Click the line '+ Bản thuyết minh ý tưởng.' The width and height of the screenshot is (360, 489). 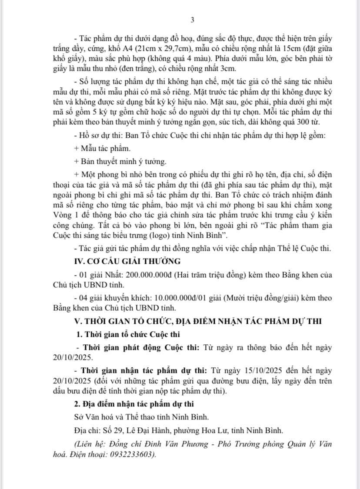[120, 161]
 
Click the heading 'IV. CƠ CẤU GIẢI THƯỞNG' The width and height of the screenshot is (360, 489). [126, 261]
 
